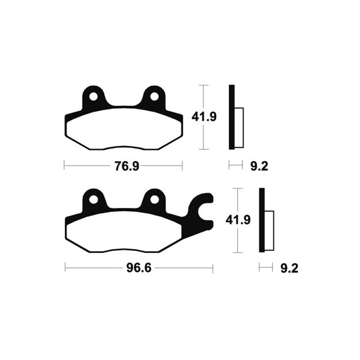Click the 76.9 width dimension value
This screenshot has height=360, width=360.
point(127,166)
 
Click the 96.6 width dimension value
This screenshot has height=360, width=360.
point(139,267)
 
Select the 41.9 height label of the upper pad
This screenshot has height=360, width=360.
point(204,117)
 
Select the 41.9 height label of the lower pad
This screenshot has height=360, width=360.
point(238,220)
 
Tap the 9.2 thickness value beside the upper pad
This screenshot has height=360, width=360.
point(259,166)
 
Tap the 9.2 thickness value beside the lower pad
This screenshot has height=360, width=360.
point(289,268)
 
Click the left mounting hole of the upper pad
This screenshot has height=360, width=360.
point(93,96)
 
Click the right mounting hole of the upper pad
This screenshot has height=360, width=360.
point(154,96)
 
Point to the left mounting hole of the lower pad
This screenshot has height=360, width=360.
point(93,199)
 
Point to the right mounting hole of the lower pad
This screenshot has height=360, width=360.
point(154,199)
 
